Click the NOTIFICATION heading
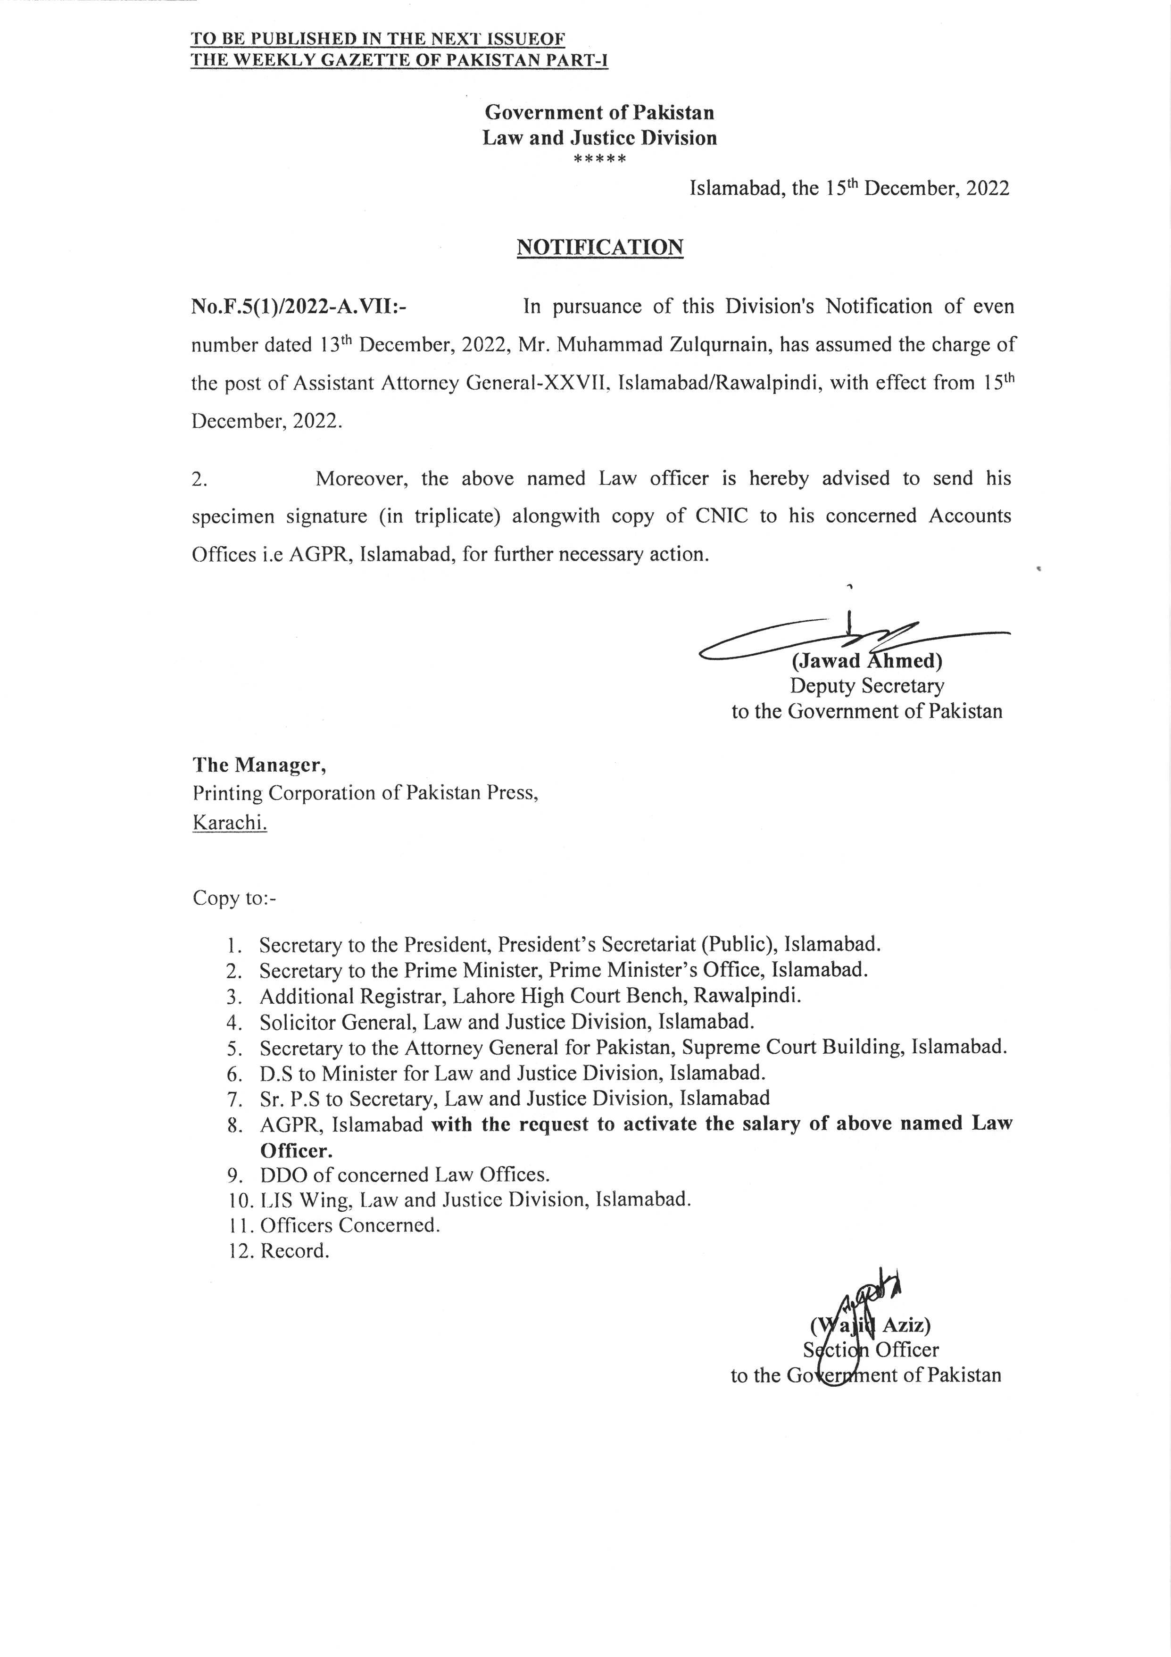click(599, 248)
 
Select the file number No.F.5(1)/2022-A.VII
click(298, 307)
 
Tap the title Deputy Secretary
click(866, 686)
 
